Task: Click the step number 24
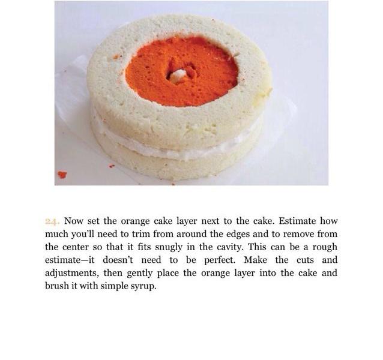(x=52, y=221)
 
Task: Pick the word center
(x=75, y=247)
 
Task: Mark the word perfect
(x=220, y=260)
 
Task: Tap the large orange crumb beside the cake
(x=62, y=175)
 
